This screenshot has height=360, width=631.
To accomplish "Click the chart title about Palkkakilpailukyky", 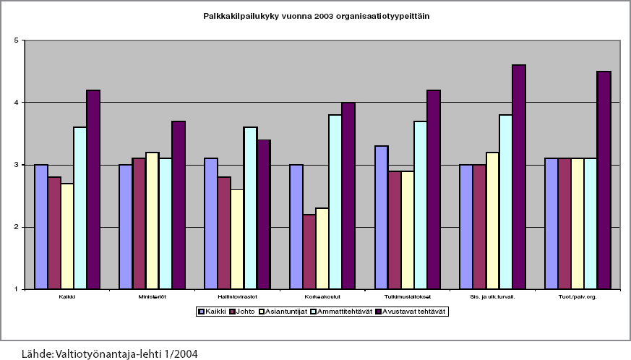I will coord(317,15).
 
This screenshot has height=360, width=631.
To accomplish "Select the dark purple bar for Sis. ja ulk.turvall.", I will coord(518,177).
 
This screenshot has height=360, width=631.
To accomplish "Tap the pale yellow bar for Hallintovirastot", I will coord(237,239).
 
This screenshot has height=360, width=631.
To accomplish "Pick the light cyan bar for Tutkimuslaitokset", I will coord(421,205).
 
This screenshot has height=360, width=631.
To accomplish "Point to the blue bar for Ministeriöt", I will coord(126,227).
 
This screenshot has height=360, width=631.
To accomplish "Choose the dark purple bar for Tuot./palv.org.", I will coord(604,180).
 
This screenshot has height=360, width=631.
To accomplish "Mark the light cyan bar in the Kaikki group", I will coord(80,208).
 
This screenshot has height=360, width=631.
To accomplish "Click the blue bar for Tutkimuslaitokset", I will coord(382,218).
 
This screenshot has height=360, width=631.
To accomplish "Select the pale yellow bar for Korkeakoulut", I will coord(322,249).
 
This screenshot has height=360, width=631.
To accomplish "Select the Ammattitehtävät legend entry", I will coord(344,312).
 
